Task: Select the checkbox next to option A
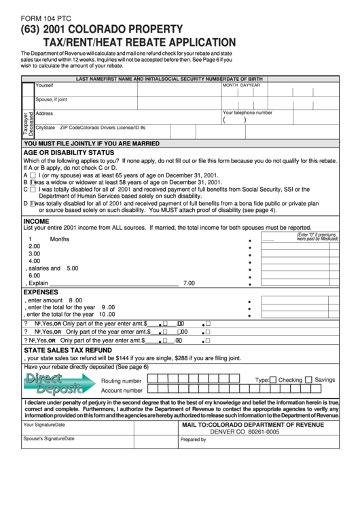tap(33, 175)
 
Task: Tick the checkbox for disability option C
tap(33, 190)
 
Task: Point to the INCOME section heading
tap(36, 221)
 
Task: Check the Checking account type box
tap(272, 381)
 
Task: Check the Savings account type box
tap(308, 381)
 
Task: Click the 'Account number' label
tap(122, 391)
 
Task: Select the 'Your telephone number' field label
tap(247, 113)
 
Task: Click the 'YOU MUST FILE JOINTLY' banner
tap(87, 144)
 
